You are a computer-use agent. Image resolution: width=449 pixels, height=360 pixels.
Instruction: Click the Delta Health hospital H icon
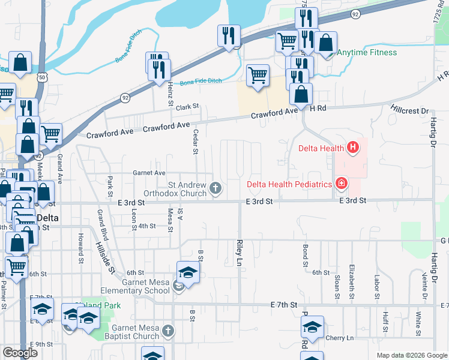point(353,146)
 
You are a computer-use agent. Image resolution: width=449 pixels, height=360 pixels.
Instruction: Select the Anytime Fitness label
point(366,52)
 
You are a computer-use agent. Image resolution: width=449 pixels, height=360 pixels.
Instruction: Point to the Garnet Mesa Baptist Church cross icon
point(169,331)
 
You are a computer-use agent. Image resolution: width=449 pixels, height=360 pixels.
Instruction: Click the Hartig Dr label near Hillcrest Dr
point(431,131)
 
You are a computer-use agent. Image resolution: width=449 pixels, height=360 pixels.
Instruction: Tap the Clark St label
point(187,107)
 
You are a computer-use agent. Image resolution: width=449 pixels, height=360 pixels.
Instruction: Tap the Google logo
point(20,353)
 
